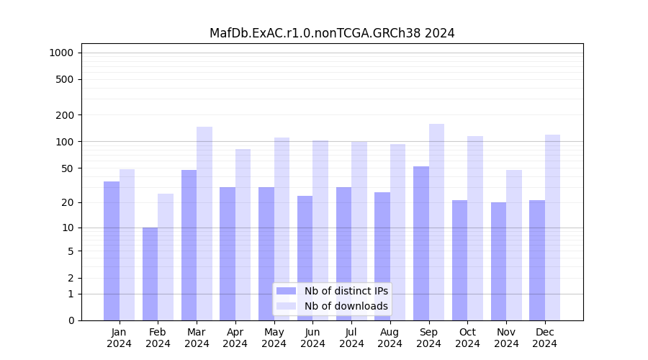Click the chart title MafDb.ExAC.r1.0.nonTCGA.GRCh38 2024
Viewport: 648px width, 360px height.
[332, 33]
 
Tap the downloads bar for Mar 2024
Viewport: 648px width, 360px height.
[204, 223]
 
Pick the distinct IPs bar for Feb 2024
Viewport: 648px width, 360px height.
[150, 274]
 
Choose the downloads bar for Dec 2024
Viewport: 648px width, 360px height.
[552, 228]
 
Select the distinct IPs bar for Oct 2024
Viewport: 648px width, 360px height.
[459, 260]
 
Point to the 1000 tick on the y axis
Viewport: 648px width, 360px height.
[61, 53]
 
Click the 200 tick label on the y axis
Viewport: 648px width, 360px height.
[66, 115]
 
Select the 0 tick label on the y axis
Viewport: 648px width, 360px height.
[71, 320]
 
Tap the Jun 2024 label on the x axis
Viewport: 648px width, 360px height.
[312, 338]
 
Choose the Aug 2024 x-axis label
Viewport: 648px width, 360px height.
[390, 338]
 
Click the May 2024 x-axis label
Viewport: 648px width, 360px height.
[274, 338]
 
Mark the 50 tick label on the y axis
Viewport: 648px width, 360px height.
[68, 168]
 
